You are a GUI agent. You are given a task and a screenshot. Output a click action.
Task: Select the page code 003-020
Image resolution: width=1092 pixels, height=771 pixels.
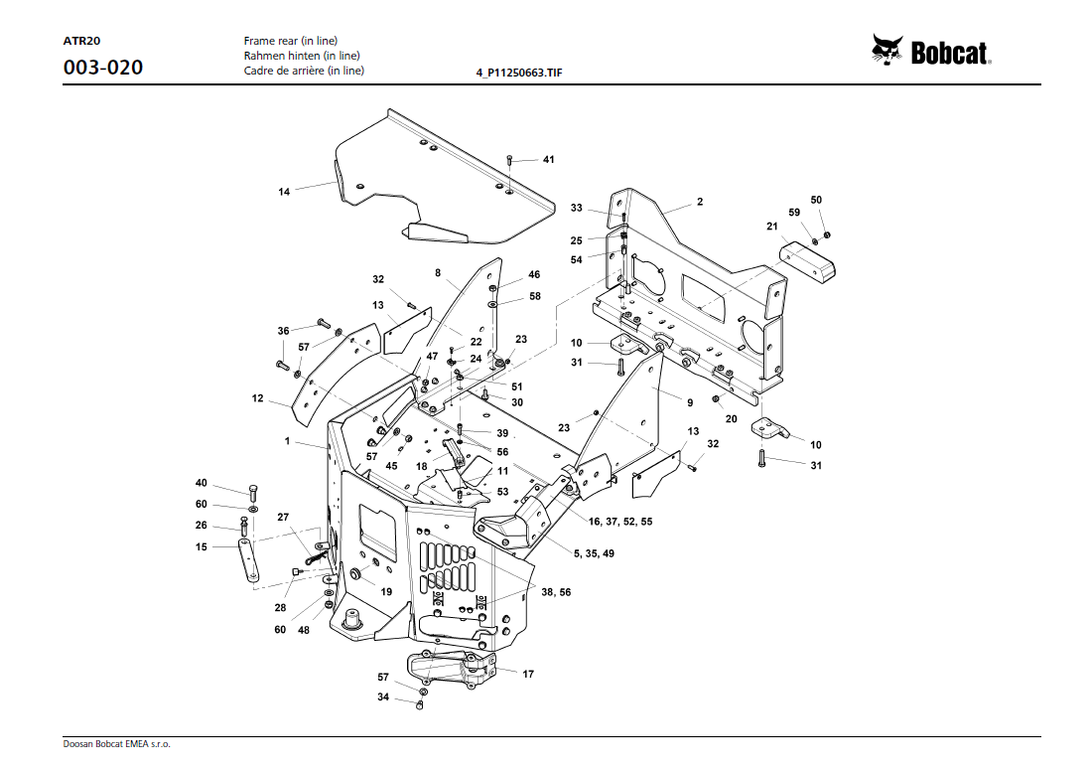102,68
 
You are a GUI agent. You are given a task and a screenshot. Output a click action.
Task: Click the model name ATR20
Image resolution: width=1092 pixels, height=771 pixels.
80,41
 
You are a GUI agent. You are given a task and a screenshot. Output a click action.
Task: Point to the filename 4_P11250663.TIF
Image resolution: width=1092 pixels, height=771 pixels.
519,73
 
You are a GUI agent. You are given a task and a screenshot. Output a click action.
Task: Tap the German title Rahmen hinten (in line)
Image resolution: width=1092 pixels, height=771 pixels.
302,56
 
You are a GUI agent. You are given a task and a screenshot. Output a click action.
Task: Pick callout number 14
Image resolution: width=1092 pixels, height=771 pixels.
284,192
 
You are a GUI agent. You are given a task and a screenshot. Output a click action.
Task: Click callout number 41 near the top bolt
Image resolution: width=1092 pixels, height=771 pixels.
548,159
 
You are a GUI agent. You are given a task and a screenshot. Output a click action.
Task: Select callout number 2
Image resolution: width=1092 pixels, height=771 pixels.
699,202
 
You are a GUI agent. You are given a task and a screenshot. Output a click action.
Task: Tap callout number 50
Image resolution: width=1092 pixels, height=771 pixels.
816,200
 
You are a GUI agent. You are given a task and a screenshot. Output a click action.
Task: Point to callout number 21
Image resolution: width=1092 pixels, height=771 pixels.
771,227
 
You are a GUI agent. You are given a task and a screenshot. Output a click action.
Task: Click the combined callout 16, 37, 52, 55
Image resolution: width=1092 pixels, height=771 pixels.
621,522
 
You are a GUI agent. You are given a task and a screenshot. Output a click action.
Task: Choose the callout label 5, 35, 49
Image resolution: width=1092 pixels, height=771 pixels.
594,552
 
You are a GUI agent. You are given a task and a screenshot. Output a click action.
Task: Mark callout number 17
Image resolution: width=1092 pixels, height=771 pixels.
528,674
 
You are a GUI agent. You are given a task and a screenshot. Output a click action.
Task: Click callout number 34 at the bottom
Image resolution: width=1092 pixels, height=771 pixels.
382,697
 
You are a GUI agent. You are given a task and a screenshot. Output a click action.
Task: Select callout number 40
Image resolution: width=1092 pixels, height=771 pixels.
202,483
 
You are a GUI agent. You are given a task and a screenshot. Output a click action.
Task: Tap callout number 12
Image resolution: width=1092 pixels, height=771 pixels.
258,398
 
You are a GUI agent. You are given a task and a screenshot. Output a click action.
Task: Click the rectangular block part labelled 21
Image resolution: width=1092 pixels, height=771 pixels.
809,259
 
